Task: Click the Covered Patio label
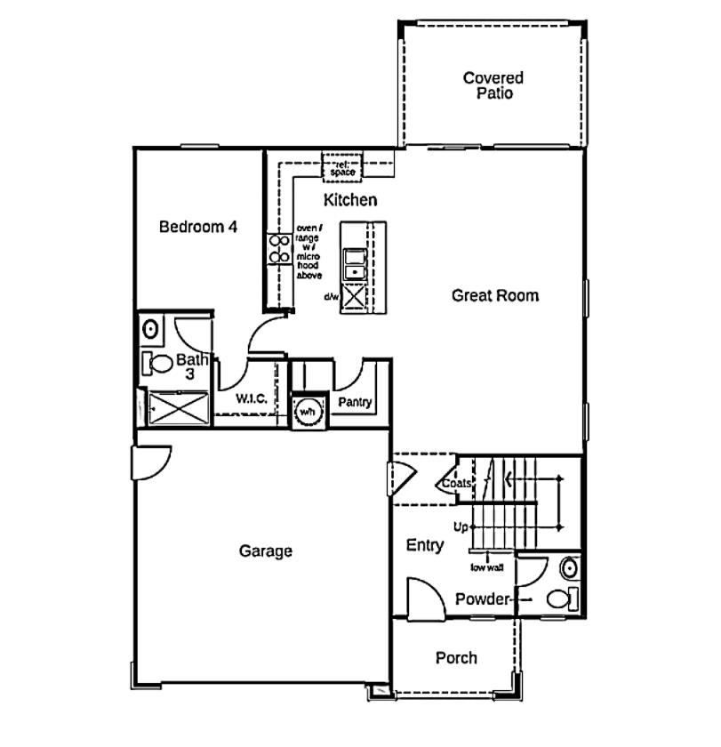pos(493,85)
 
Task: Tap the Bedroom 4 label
pos(197,227)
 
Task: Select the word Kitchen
pos(349,200)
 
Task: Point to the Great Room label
pos(495,295)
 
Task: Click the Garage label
pos(265,551)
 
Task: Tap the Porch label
pos(456,658)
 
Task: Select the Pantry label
pos(354,403)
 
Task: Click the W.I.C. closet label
pos(252,399)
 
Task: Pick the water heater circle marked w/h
pos(308,412)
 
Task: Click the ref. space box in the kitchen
pos(342,166)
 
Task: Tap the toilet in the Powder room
pos(560,598)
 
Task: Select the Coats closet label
pos(457,484)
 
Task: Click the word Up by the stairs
pos(461,527)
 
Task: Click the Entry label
pos(425,545)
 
